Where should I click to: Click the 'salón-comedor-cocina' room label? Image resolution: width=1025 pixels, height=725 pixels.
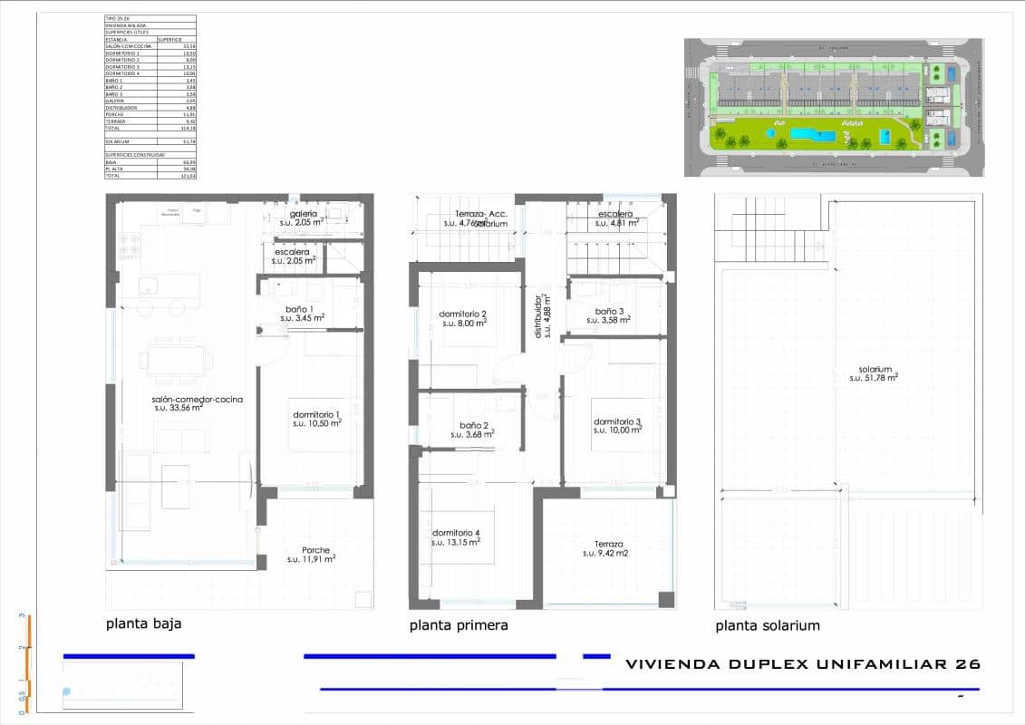coord(198,399)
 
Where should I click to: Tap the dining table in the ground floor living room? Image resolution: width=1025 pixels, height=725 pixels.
coord(177,360)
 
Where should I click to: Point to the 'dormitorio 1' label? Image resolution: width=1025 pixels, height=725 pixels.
coord(315,414)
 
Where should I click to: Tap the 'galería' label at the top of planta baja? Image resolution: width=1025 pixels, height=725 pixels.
coord(304,213)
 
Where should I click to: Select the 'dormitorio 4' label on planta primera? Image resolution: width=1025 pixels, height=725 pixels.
coord(456,532)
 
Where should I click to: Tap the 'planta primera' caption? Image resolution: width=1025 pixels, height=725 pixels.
coord(459,625)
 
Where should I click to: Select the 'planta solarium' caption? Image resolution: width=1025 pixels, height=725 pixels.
coord(768,625)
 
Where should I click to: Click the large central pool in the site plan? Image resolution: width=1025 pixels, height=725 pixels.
coord(812,135)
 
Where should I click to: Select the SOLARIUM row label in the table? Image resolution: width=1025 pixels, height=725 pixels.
coord(119,141)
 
